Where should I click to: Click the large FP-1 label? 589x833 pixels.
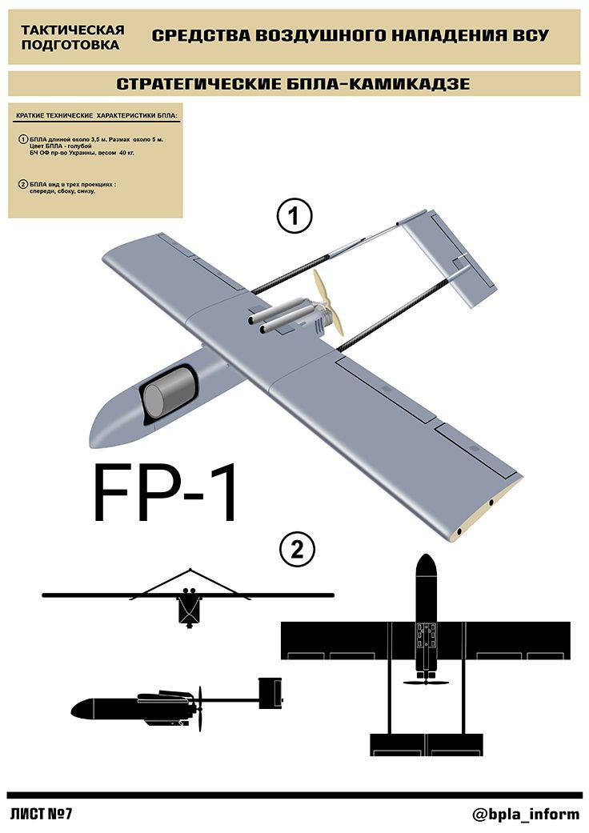(x=165, y=494)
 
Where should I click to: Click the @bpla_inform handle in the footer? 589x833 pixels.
(x=525, y=814)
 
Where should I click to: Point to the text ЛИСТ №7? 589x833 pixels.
(x=41, y=814)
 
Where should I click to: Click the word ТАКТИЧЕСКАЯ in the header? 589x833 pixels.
(x=73, y=30)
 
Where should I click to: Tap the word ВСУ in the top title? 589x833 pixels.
(x=531, y=35)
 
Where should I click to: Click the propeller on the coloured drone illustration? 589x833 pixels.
(x=327, y=302)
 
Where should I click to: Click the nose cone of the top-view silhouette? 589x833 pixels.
(x=426, y=567)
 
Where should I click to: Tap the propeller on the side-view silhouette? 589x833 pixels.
(x=200, y=709)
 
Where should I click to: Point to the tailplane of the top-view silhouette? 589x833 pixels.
(x=426, y=744)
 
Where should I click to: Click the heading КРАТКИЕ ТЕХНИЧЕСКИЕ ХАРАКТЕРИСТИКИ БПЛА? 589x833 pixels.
(x=97, y=115)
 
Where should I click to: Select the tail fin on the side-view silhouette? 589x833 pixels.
(x=270, y=693)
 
